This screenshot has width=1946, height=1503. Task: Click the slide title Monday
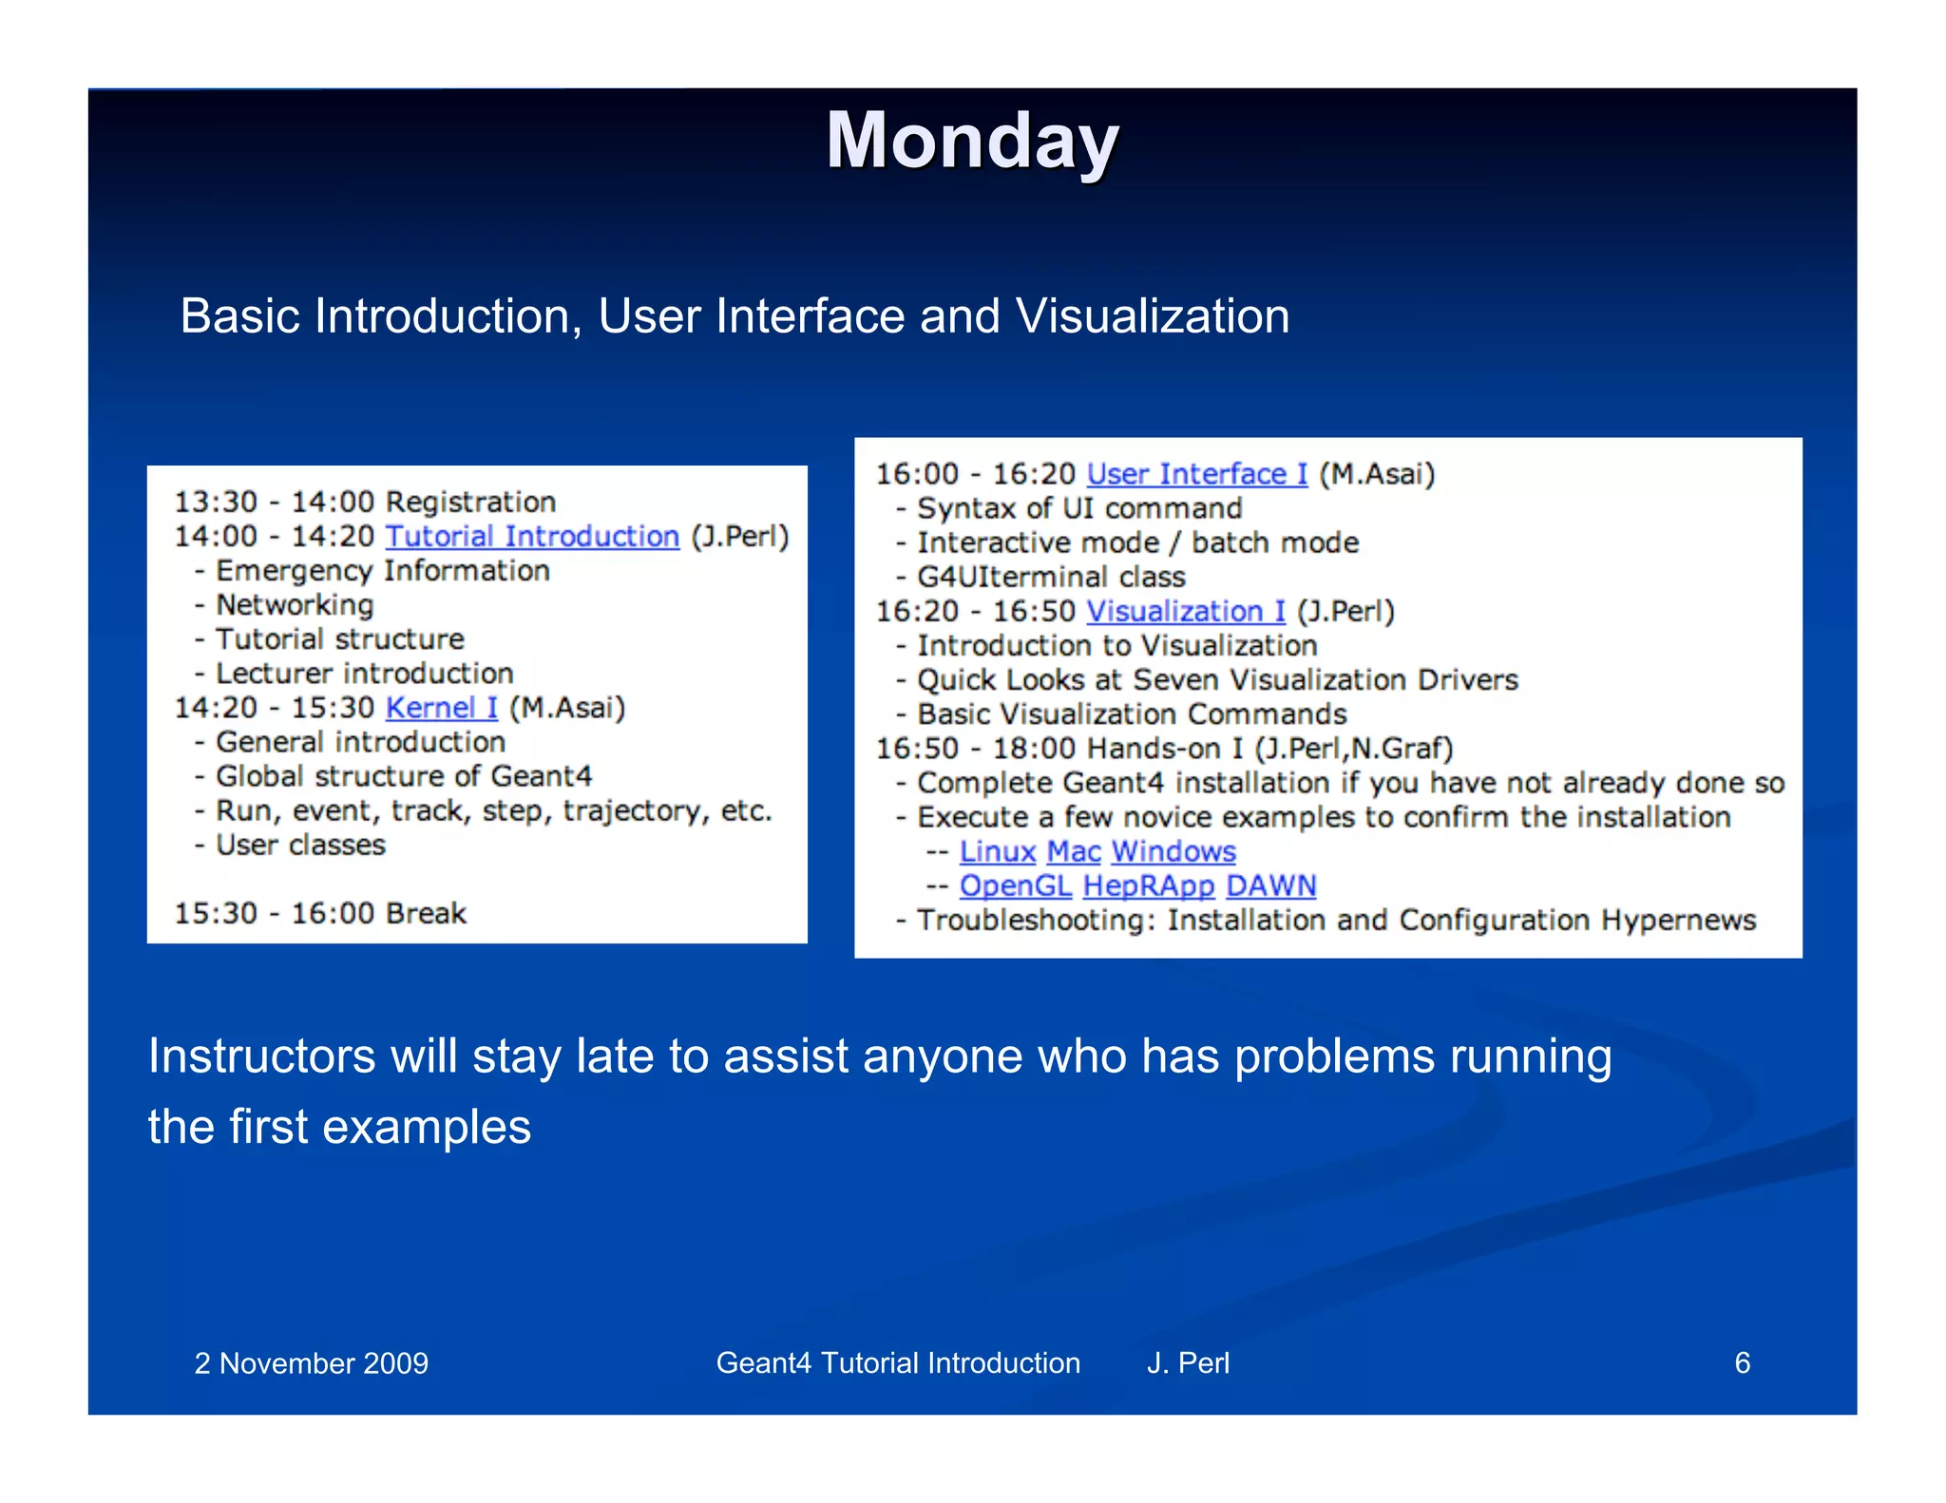tap(972, 141)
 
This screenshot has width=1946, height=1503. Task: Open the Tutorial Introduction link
tap(532, 537)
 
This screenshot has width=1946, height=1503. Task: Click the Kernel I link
tap(441, 708)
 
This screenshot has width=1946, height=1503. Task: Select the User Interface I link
tap(1196, 474)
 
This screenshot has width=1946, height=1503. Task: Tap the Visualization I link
tap(1185, 611)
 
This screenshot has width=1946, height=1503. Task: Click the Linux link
tap(997, 851)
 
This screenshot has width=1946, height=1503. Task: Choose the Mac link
tap(1074, 851)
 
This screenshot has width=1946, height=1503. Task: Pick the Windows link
tap(1173, 851)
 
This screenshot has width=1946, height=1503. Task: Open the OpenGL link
tap(1015, 885)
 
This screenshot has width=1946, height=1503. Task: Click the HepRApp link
tap(1148, 885)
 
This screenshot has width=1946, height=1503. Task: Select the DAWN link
tap(1270, 885)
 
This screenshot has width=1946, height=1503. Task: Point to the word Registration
tap(471, 502)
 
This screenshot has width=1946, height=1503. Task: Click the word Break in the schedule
tap(427, 913)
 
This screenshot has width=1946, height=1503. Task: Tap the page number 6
tap(1742, 1362)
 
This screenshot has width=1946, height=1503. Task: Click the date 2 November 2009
tap(311, 1363)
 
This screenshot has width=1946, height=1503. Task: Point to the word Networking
tap(295, 605)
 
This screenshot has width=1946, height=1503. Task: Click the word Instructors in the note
tap(261, 1056)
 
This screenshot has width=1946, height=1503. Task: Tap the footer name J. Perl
tap(1188, 1362)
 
